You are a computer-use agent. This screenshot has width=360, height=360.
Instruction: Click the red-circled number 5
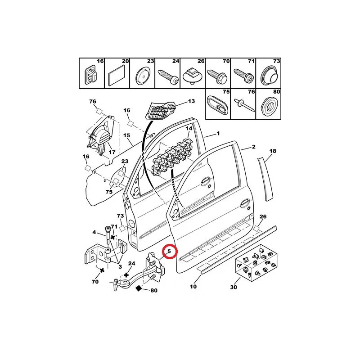(169, 251)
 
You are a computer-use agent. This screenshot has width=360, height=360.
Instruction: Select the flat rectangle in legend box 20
(117, 76)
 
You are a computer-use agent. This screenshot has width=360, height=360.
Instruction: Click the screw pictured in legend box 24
(168, 77)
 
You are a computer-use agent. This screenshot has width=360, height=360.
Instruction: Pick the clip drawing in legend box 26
(193, 75)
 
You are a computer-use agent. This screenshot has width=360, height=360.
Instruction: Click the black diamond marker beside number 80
(139, 288)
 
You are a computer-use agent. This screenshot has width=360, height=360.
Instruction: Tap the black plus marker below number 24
(126, 274)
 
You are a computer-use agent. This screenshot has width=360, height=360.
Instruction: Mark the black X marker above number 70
(102, 270)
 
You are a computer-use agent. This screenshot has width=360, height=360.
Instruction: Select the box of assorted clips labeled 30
(256, 262)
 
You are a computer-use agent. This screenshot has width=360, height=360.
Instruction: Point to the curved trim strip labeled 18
(265, 179)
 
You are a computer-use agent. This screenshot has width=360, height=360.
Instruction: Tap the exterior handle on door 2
(244, 203)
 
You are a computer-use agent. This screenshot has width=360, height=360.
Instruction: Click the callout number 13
(192, 101)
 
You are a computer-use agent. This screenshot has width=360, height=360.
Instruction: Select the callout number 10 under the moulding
(193, 287)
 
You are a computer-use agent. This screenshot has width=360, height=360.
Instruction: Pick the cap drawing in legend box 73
(269, 75)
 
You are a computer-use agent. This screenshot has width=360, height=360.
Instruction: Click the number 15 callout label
(126, 135)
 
